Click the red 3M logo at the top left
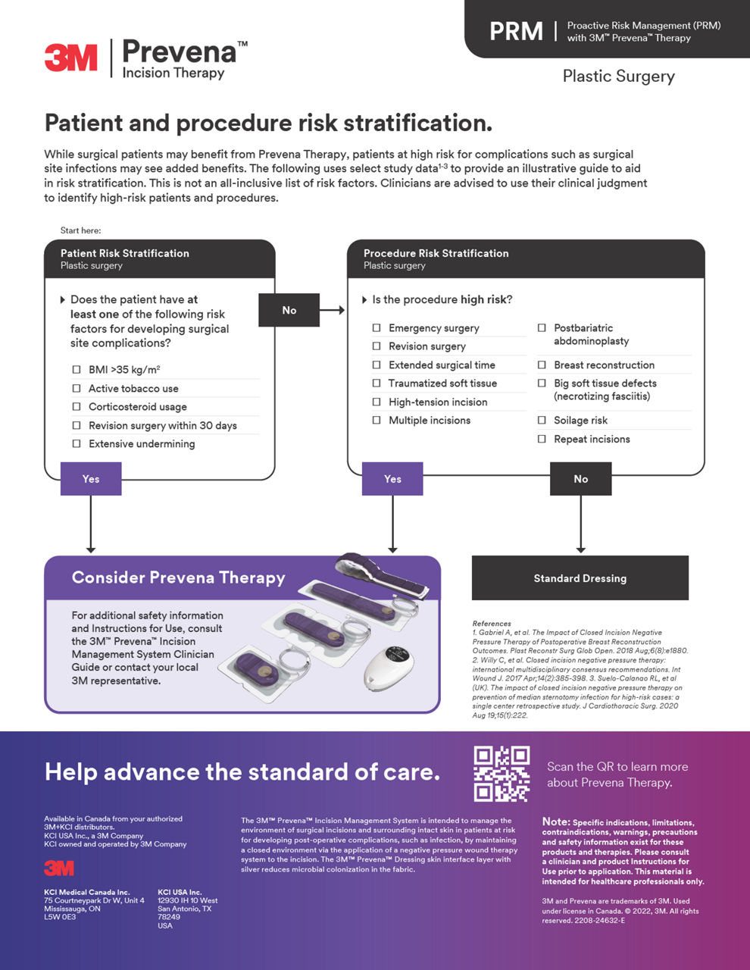click(x=70, y=58)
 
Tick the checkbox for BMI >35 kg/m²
click(x=77, y=370)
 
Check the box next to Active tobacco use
click(x=77, y=388)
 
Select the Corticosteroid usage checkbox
click(x=77, y=407)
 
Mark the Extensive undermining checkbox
click(x=77, y=444)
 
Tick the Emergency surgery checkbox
click(x=377, y=328)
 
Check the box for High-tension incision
click(x=377, y=402)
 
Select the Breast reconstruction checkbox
click(x=542, y=365)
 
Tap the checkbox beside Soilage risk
click(x=542, y=420)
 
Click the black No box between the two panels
click(x=289, y=310)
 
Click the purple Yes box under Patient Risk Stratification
click(x=90, y=479)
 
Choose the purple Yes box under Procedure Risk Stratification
click(x=392, y=479)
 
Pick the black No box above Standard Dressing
click(x=580, y=479)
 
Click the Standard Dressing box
click(x=580, y=578)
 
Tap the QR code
click(x=502, y=774)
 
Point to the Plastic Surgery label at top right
click(x=618, y=77)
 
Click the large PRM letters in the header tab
click(x=516, y=31)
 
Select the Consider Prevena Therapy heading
click(x=178, y=577)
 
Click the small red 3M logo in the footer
click(x=59, y=868)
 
